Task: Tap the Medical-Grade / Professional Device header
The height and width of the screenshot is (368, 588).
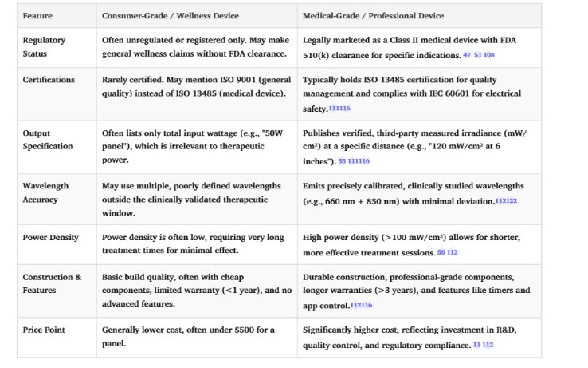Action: coord(374,16)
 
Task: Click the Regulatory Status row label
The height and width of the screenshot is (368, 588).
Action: coord(45,46)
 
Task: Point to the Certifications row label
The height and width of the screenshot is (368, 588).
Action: coord(49,80)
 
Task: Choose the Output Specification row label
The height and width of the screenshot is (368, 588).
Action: coord(48,140)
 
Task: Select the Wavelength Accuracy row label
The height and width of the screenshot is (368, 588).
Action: coord(45,192)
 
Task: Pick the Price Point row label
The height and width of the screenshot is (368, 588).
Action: coord(44,329)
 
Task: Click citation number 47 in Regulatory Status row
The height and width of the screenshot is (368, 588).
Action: coord(467,54)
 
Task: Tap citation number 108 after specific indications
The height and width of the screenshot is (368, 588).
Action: coord(489,54)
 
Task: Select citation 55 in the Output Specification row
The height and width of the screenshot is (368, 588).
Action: coord(342,161)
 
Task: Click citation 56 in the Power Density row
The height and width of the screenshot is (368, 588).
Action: coord(441,252)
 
